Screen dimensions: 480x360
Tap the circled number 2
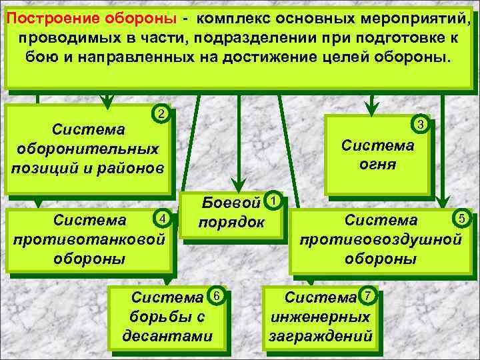coord(160,113)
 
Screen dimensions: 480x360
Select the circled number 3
coord(421,125)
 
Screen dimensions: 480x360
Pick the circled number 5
coord(461,217)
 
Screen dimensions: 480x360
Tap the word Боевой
coord(231,202)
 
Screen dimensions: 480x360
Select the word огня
coord(377,163)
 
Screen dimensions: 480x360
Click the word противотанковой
coord(88,238)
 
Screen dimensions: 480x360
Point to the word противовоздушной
coord(381,239)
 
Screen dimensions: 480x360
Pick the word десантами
coord(167,336)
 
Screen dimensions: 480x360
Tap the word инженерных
coord(321,317)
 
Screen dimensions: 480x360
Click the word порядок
coord(231,221)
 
